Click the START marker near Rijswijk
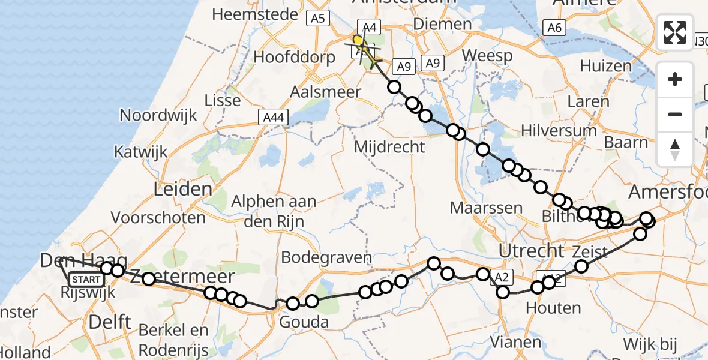point(86,280)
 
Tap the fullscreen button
point(675,32)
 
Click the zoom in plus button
point(675,79)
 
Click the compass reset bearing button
point(675,149)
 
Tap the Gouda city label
point(305,323)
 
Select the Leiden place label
point(183,190)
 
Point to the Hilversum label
point(559,131)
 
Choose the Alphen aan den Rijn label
point(274,211)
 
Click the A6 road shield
point(554,27)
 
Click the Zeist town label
point(590,252)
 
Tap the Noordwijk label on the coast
point(158,115)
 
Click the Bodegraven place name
point(326,257)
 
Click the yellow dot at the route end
point(358,41)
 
